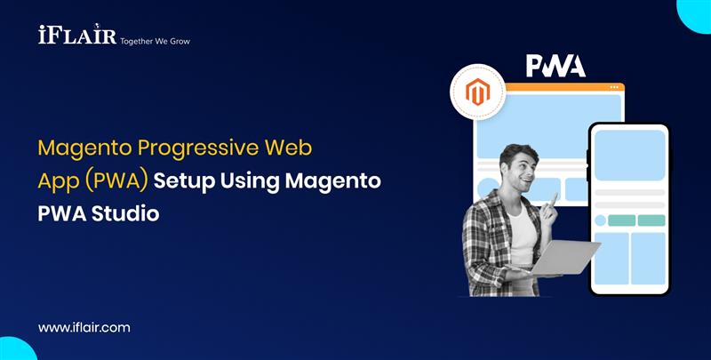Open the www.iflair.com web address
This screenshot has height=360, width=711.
click(84, 327)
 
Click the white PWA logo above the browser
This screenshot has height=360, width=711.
click(555, 66)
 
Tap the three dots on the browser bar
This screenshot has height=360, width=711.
click(614, 87)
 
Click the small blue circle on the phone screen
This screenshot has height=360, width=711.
click(601, 220)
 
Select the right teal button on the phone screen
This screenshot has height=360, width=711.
click(651, 220)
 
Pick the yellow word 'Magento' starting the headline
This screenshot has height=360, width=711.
click(78, 147)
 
